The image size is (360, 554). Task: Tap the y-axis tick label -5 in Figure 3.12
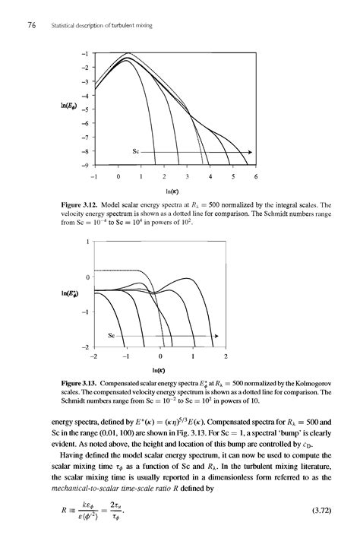(x=86, y=109)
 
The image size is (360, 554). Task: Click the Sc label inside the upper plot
(x=137, y=151)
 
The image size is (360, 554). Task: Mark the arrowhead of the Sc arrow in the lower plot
(x=216, y=334)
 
